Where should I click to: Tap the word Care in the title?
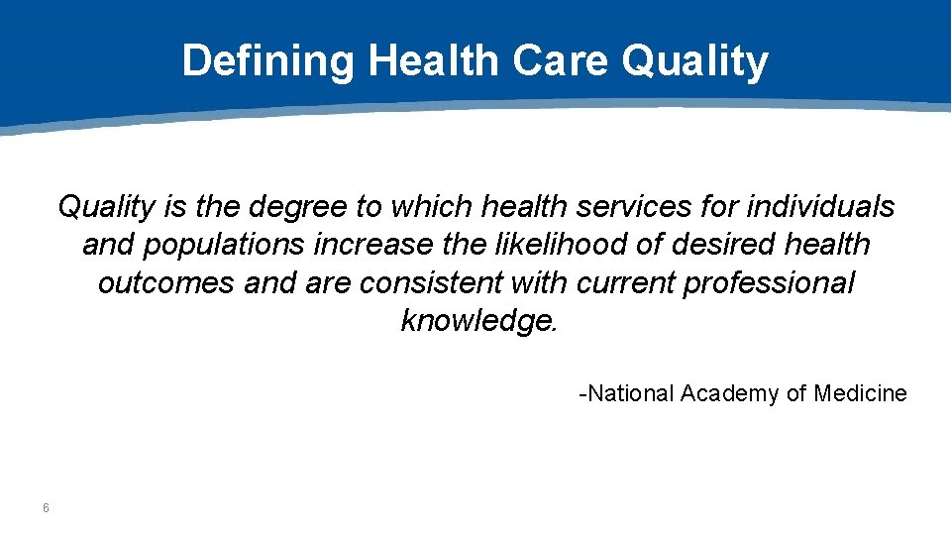(561, 61)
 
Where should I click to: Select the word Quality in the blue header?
(694, 61)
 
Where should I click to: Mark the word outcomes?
(166, 282)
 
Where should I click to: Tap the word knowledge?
(479, 321)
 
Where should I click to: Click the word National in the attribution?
(630, 394)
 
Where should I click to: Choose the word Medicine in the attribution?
(860, 394)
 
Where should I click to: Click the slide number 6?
(46, 509)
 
